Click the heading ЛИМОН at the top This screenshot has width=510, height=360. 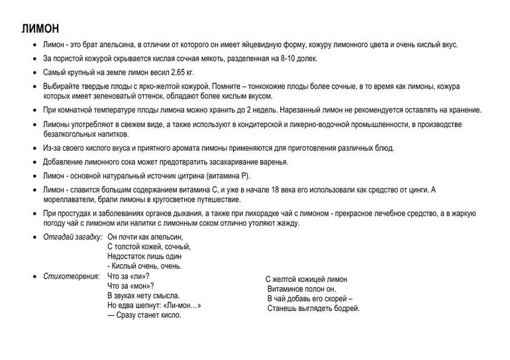coord(40,29)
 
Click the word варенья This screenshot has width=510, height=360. coord(273,161)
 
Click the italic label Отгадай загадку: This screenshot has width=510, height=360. coord(72,237)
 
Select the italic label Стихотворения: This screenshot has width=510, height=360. coord(71,276)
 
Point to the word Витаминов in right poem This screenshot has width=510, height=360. coord(289,289)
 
